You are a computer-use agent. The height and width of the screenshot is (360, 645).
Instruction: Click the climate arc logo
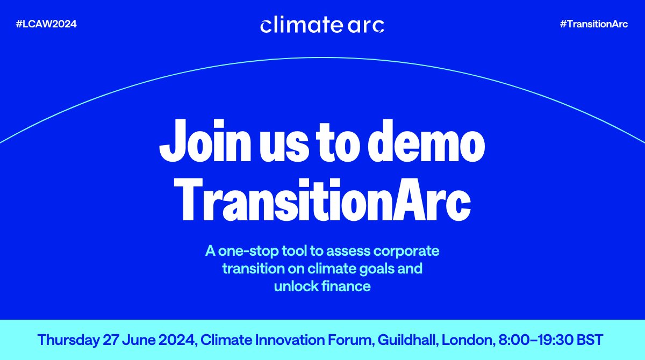(322, 25)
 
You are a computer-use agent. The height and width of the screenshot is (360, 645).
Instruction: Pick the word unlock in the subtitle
(294, 286)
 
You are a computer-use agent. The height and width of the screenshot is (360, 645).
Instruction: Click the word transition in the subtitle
(254, 268)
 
